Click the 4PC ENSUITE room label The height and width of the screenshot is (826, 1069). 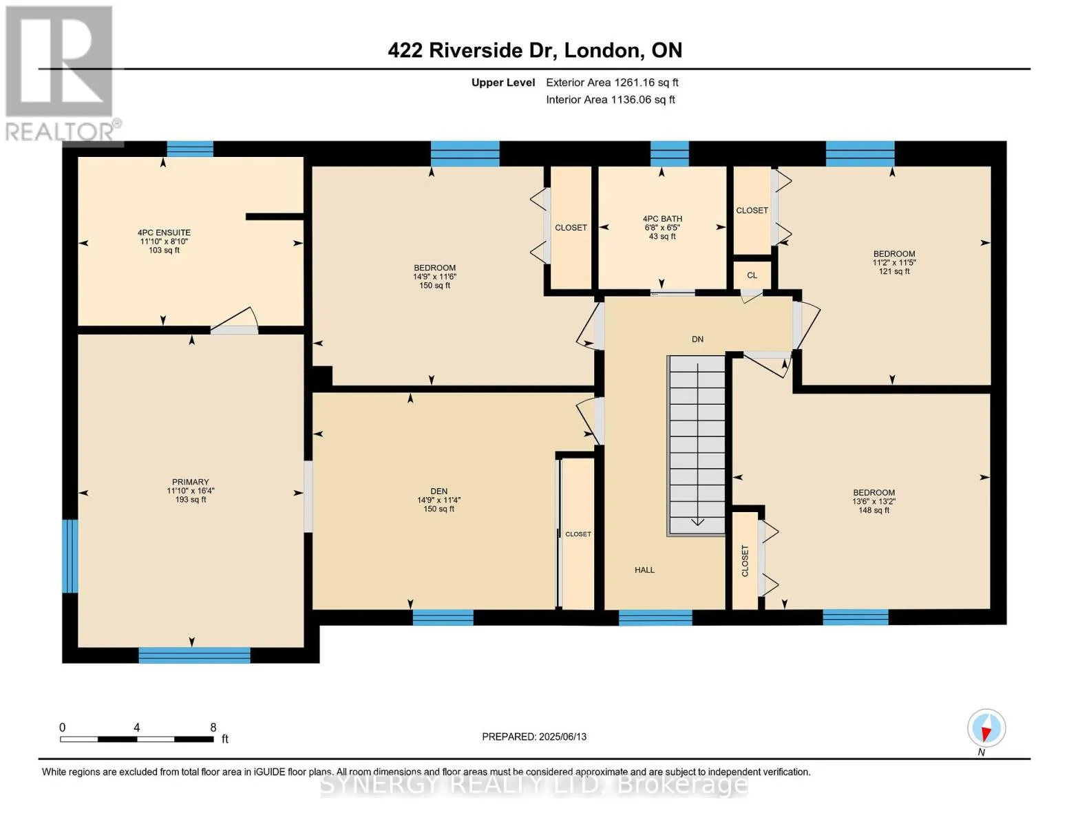tap(164, 232)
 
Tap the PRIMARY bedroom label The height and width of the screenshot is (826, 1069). tap(191, 482)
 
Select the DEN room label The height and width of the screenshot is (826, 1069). tap(438, 491)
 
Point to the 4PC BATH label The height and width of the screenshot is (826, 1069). tap(662, 219)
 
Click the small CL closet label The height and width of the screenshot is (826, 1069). tap(752, 275)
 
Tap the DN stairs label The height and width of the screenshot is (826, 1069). tap(697, 339)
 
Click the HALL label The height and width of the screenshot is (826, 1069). tap(644, 570)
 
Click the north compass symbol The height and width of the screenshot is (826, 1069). tap(986, 728)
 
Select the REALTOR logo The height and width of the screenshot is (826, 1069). tap(63, 74)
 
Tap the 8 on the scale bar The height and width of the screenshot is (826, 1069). tap(213, 727)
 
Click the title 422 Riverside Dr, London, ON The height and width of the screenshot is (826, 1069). tap(535, 50)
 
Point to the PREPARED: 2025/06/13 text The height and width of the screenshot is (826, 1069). tap(534, 737)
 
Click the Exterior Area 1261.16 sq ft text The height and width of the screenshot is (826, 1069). tap(612, 83)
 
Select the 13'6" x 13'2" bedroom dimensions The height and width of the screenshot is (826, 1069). tap(874, 501)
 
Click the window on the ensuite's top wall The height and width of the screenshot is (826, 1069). tap(190, 149)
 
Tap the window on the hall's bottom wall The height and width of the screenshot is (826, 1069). tap(655, 617)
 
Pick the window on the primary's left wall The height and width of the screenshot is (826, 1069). tap(70, 556)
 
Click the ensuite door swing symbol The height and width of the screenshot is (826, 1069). tap(235, 321)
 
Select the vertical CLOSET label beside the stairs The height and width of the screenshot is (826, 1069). tap(745, 561)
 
